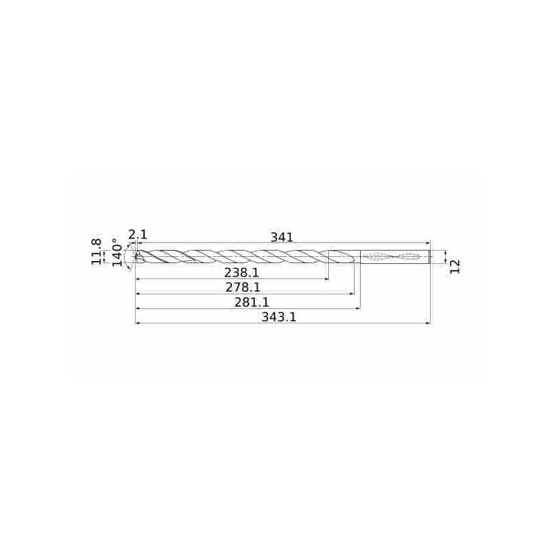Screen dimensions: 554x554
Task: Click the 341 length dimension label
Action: click(282, 237)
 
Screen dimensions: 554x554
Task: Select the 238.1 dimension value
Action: click(242, 272)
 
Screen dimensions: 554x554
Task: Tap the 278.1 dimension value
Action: click(243, 287)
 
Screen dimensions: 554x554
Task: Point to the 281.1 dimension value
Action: click(251, 302)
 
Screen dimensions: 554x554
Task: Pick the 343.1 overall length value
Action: click(279, 317)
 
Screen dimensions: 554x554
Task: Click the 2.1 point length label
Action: click(137, 234)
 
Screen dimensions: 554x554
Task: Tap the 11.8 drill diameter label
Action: click(96, 251)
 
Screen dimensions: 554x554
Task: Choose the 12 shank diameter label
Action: click(456, 266)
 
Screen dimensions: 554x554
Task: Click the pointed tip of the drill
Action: click(135, 257)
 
